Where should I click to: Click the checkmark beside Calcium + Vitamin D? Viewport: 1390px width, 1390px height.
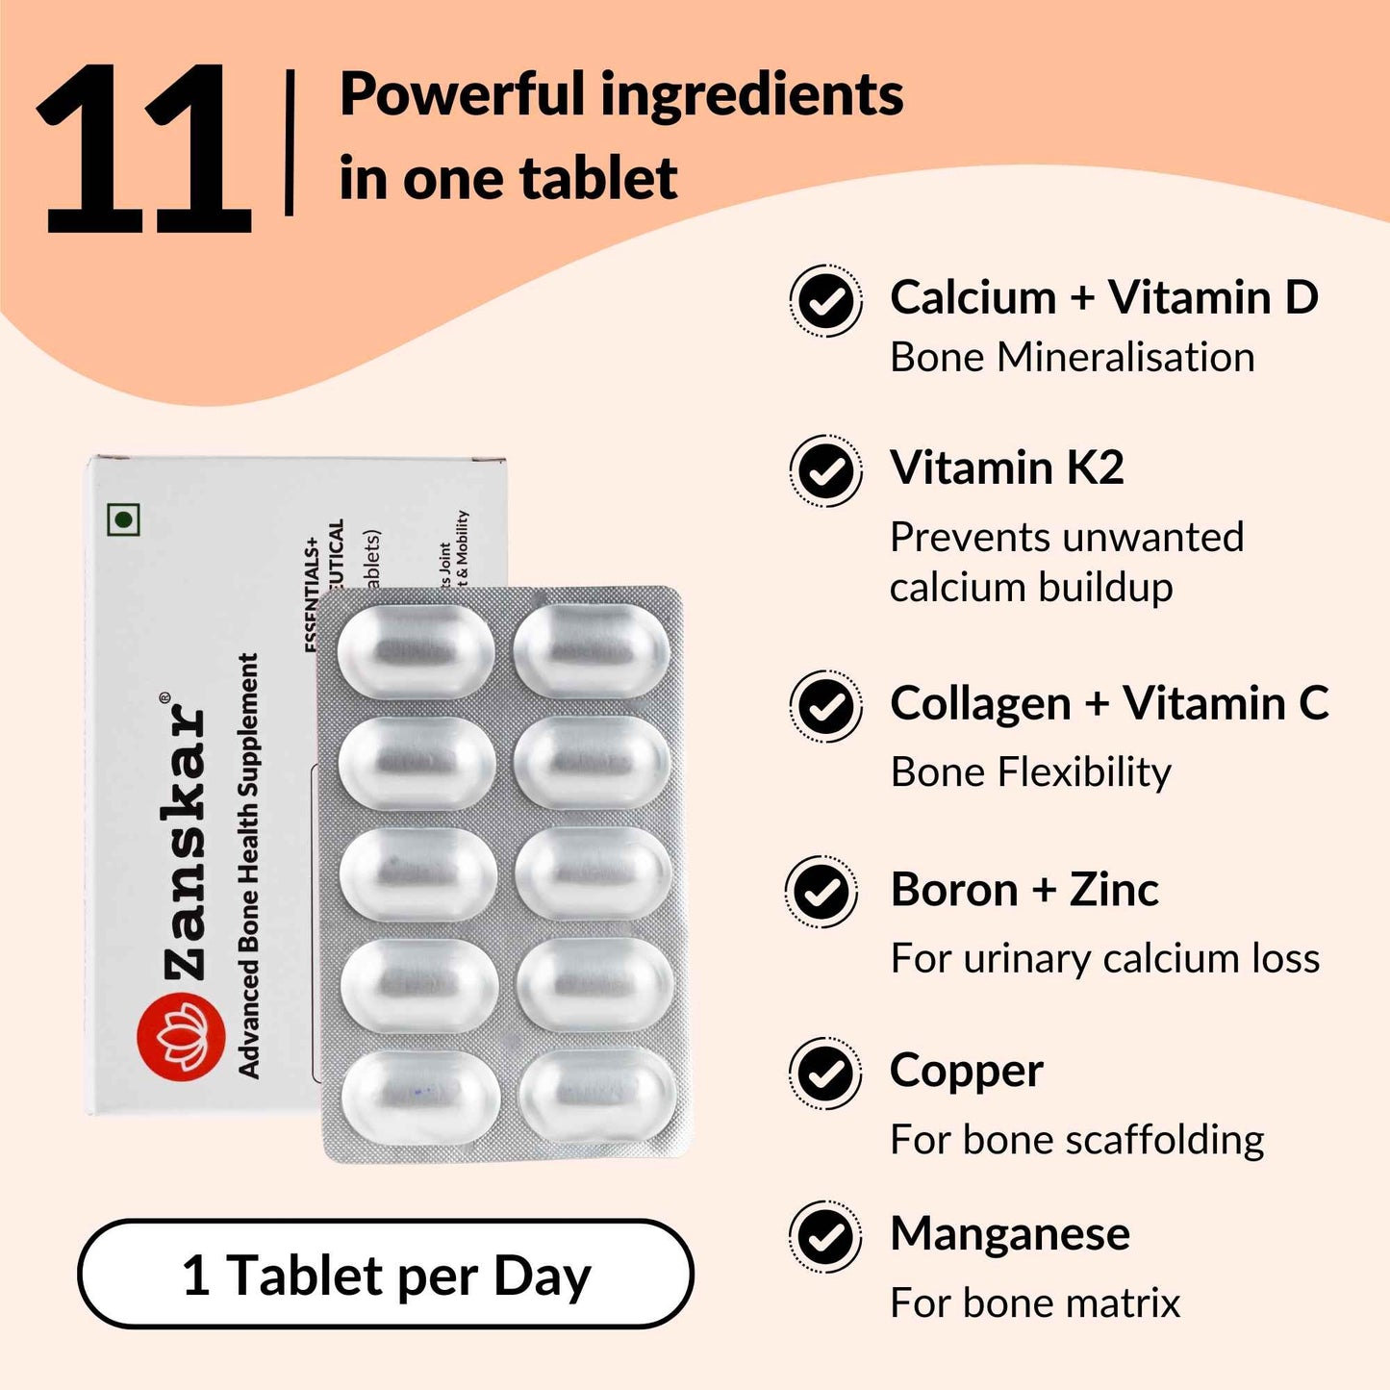tap(825, 301)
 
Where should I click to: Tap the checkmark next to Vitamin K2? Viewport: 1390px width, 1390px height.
tap(825, 471)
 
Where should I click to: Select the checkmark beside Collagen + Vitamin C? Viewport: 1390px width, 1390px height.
tap(825, 707)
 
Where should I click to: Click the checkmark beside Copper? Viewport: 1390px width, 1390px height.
tap(824, 1074)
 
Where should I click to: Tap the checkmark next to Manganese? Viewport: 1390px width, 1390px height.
tap(824, 1237)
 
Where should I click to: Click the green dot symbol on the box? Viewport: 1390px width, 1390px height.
tap(123, 520)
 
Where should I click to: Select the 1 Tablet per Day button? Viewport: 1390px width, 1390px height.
tap(386, 1275)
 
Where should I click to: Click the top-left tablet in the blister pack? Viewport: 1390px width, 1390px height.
tap(416, 650)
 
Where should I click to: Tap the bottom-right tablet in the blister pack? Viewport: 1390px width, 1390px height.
tap(596, 1096)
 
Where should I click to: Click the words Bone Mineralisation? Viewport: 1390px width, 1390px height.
tap(1072, 358)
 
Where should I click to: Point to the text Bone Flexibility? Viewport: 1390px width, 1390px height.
tap(1030, 772)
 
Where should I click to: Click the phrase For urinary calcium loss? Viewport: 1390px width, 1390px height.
tap(1104, 958)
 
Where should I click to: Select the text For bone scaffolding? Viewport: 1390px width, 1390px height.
tap(1076, 1140)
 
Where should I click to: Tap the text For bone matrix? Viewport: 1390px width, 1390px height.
tap(1034, 1303)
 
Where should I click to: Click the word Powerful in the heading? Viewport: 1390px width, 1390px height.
tap(462, 95)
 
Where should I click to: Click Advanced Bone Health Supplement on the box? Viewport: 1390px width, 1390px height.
tap(248, 866)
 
